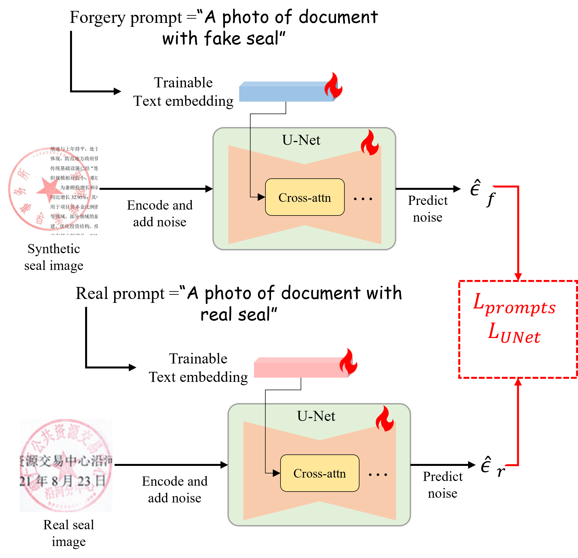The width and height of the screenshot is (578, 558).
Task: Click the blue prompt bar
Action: point(286,92)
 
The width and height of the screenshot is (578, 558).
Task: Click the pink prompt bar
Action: point(300,368)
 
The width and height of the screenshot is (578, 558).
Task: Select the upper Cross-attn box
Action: point(305,197)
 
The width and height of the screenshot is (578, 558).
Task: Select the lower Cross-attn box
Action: point(320,473)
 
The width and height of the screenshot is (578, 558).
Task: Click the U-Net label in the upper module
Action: point(301,140)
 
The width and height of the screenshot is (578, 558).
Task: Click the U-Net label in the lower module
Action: point(316,416)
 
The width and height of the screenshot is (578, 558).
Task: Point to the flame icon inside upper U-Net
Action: point(370,143)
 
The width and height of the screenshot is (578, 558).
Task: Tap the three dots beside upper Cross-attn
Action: point(363,199)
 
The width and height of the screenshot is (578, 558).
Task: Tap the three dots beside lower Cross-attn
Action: point(378,475)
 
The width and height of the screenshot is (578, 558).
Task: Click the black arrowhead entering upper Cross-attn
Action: point(261,197)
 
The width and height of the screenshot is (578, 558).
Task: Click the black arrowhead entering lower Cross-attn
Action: point(276,473)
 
